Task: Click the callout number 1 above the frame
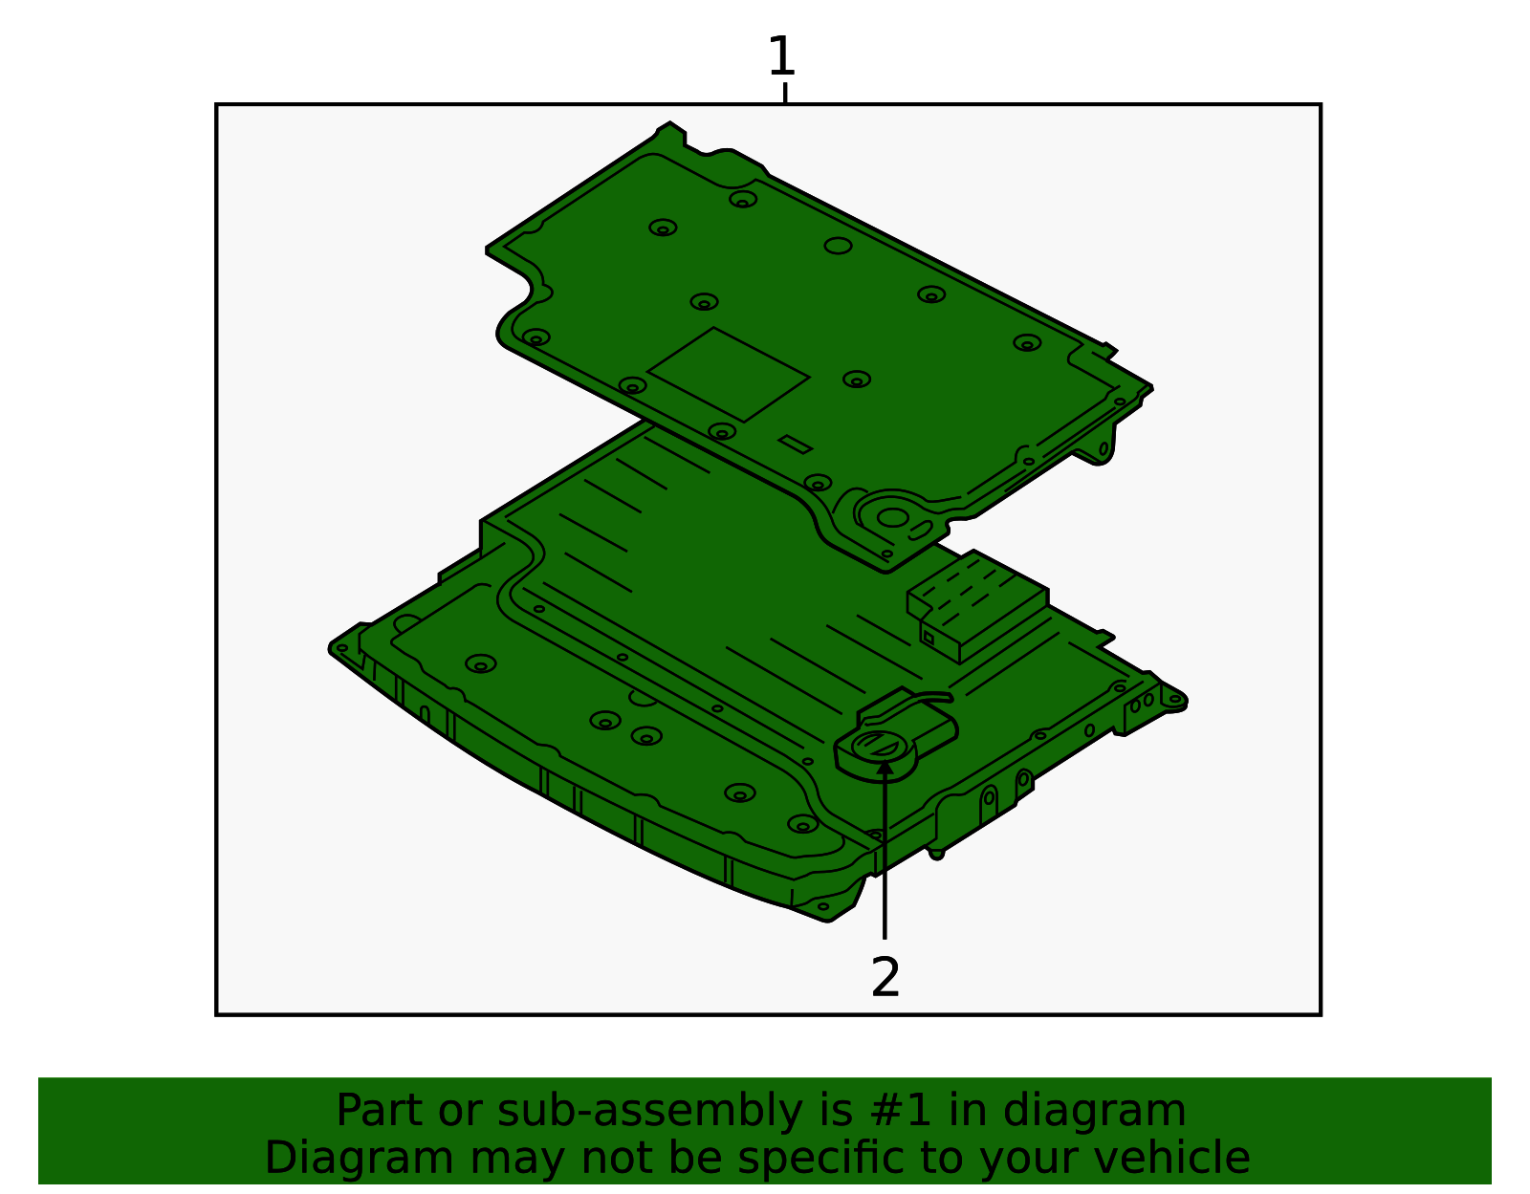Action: coord(781,56)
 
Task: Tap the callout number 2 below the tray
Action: coord(885,977)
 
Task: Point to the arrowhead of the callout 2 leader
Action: coord(885,765)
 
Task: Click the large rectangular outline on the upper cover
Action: coord(728,374)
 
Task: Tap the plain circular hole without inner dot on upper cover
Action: coord(838,246)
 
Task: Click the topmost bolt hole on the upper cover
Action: coord(743,199)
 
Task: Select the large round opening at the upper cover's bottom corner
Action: coord(892,518)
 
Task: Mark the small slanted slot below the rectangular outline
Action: coord(795,444)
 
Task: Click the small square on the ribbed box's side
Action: coord(927,637)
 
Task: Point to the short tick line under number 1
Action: coord(785,93)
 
